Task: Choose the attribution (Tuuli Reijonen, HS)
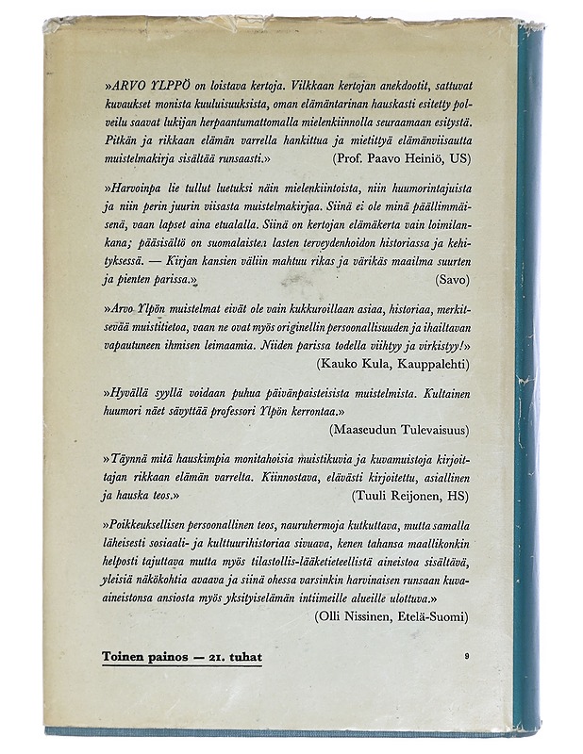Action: [x=409, y=494]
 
